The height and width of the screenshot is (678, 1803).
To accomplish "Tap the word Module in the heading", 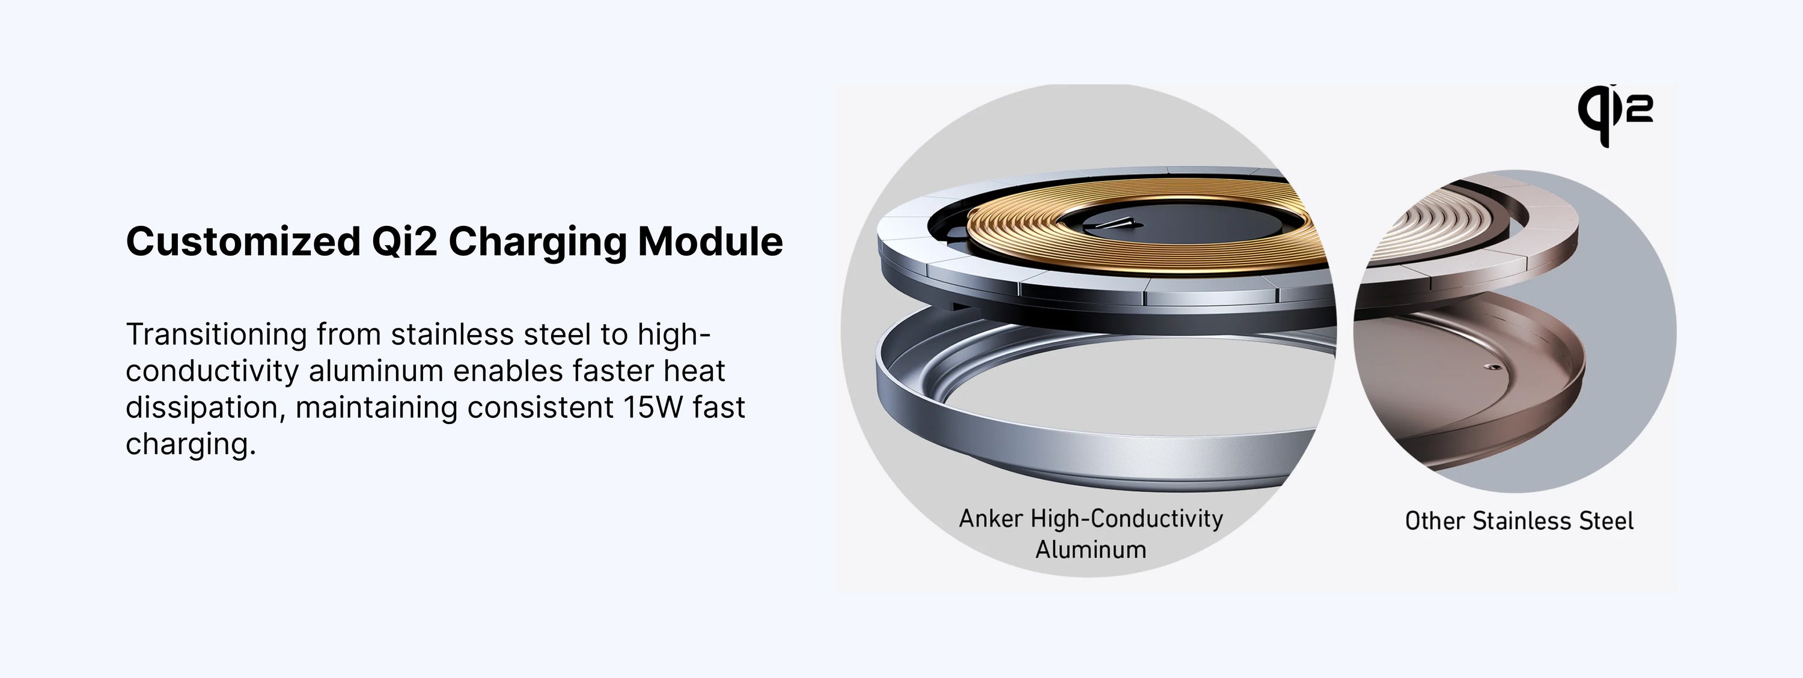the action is coord(710,241).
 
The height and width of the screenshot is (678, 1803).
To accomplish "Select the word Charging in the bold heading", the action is coord(537,243).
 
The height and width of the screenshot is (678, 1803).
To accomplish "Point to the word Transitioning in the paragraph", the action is coord(216,335).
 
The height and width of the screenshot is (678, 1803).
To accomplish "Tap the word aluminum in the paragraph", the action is coord(377,372).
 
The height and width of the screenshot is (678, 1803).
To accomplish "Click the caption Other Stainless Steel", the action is coord(1519,521).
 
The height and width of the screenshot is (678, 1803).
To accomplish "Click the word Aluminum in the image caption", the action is coord(1090,549).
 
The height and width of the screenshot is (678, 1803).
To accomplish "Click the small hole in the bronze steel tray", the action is coord(1489,365).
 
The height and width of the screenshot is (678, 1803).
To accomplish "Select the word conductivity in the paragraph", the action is coord(212,372).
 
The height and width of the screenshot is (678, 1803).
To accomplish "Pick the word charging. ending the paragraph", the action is coord(191,444).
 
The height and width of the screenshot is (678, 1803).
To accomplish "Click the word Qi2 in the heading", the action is coord(404,243).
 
